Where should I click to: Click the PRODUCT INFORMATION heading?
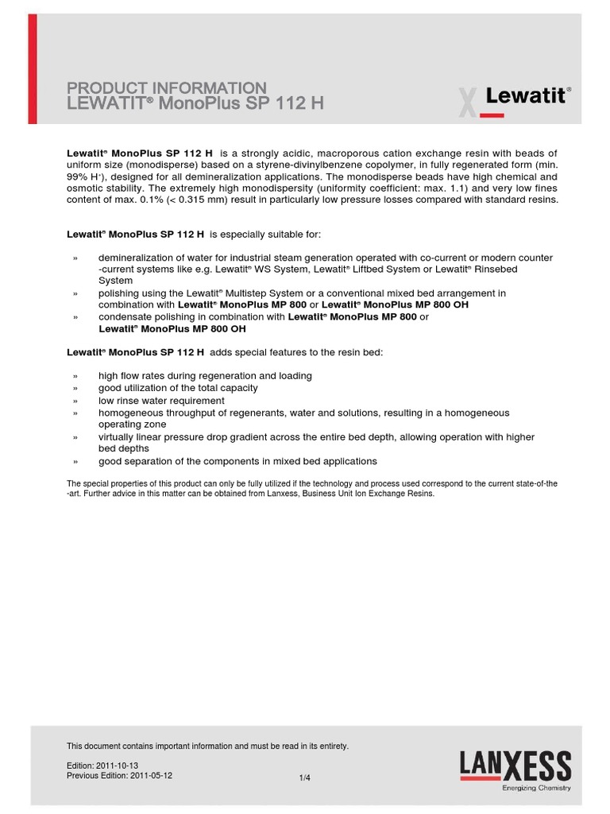(167, 87)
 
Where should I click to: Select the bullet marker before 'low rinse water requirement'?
(75, 401)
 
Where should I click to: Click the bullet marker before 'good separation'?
(75, 462)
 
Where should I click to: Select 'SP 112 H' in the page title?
(289, 103)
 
